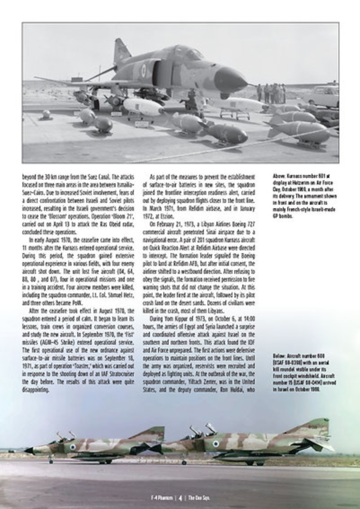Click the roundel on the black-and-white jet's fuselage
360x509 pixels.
[x=143, y=68]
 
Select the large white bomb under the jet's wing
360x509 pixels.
[x=143, y=107]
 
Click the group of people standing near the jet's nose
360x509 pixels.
[x=271, y=93]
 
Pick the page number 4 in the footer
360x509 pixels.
[x=180, y=497]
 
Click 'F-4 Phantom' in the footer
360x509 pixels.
[x=160, y=497]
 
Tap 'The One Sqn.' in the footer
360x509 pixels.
[x=199, y=497]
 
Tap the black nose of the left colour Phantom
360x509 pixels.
[x=29, y=450]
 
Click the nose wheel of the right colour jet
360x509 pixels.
[x=184, y=461]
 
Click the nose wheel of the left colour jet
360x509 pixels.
[x=51, y=461]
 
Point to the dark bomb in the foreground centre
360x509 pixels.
[x=228, y=133]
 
